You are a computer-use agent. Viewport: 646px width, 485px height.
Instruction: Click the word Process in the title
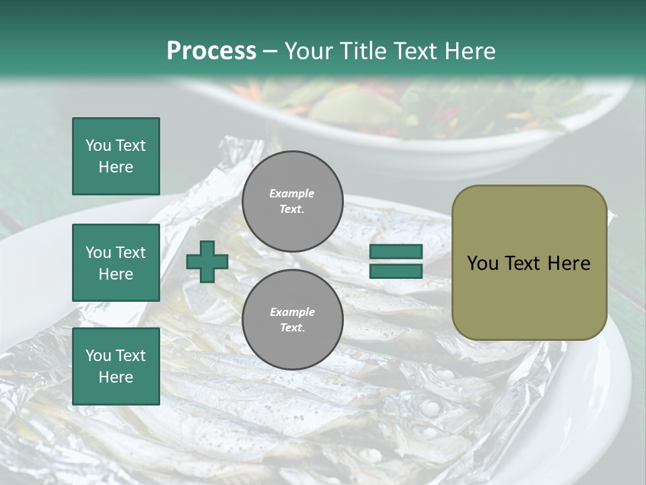211,51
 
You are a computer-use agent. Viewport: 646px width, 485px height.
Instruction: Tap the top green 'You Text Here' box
116,156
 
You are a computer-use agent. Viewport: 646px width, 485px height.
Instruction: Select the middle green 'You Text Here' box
116,263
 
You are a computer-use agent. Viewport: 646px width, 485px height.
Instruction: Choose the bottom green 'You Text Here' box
116,366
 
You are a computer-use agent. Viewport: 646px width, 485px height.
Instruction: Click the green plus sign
207,261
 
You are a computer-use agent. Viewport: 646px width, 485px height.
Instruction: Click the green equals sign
396,261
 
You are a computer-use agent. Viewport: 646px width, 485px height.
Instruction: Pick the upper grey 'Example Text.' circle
292,201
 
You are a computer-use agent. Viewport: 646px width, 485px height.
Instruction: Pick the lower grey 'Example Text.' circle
292,319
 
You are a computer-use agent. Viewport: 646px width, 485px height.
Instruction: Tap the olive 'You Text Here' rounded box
529,263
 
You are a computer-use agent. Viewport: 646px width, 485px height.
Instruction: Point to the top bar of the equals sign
396,252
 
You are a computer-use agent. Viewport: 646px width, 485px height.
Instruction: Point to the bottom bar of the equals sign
396,271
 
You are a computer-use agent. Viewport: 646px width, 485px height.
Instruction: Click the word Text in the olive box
521,263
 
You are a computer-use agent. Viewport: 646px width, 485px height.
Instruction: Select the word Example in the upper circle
292,193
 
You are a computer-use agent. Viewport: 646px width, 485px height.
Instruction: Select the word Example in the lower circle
292,312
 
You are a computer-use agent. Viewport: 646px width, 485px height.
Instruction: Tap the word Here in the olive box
569,263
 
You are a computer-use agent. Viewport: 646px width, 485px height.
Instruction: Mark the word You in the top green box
98,145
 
